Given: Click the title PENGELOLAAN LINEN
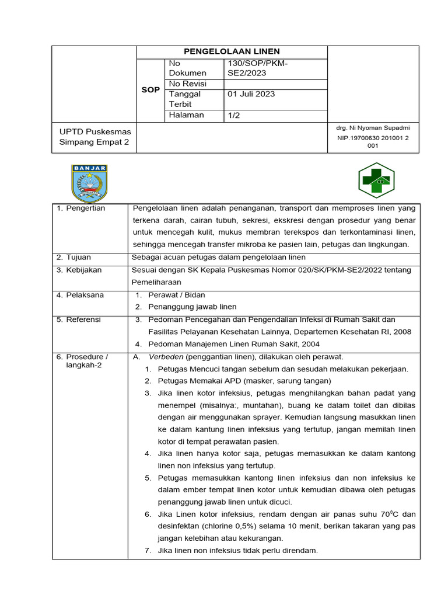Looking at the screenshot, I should coord(232,52).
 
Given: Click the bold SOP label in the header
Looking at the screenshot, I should coord(150,90).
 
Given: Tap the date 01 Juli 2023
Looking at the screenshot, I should coord(251,94).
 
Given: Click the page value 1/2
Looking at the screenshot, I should coord(234,116).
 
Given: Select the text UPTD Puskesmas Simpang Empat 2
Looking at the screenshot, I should coord(95,137).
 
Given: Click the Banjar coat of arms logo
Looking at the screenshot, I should coord(89,183).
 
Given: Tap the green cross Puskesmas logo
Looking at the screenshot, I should coord(376,181).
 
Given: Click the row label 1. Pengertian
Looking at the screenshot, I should coord(81,208).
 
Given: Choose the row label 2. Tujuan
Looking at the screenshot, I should coord(74,258).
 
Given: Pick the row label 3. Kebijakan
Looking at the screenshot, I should coord(79,270).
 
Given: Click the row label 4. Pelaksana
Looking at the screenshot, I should coord(80,295).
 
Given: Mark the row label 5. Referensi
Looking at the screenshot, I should coord(79,320).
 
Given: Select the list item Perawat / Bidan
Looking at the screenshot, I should coord(177,295).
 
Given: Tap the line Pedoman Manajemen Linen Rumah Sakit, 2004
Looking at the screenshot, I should coord(234,345).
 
